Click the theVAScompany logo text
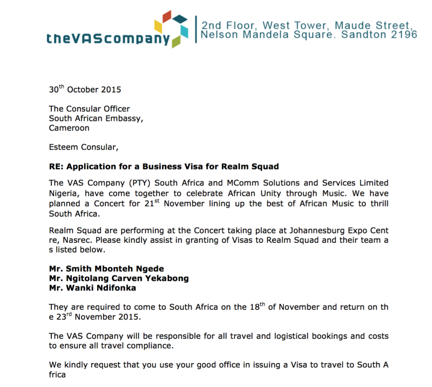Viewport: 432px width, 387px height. tap(108, 39)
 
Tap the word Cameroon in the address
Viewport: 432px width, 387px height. tap(69, 128)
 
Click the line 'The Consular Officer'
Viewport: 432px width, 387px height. tap(89, 109)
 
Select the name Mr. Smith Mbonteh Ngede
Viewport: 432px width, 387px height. tap(106, 269)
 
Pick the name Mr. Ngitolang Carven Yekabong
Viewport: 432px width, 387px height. tap(119, 278)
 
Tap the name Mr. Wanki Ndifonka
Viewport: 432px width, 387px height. tap(94, 288)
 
